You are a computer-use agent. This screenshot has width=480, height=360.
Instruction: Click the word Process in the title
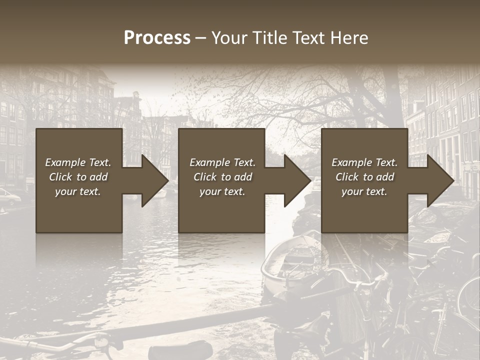[x=157, y=38]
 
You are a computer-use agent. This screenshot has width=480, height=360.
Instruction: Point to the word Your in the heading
[x=230, y=38]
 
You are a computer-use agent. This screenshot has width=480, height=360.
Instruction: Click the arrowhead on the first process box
[x=152, y=180]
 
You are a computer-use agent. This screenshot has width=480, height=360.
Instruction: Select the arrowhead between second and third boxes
[x=295, y=180]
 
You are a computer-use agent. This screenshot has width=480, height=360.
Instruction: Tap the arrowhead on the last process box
[x=438, y=180]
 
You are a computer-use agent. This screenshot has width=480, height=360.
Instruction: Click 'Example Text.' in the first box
[x=78, y=162]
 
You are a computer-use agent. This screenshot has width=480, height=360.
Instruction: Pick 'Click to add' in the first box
[x=78, y=177]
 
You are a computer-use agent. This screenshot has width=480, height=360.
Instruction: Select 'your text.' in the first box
[x=78, y=191]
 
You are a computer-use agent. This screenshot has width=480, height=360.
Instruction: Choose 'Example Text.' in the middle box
[x=222, y=162]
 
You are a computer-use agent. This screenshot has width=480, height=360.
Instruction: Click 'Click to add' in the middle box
[x=222, y=177]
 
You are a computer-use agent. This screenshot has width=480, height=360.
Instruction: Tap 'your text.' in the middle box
[x=222, y=191]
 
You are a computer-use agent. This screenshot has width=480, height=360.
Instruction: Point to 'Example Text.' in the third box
[x=364, y=162]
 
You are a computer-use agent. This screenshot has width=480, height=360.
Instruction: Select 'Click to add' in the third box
[x=364, y=177]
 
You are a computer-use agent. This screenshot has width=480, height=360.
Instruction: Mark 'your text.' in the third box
[x=364, y=191]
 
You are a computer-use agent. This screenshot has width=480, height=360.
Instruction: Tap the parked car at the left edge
[x=9, y=196]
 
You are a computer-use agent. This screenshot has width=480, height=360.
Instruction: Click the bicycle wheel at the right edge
[x=470, y=295]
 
